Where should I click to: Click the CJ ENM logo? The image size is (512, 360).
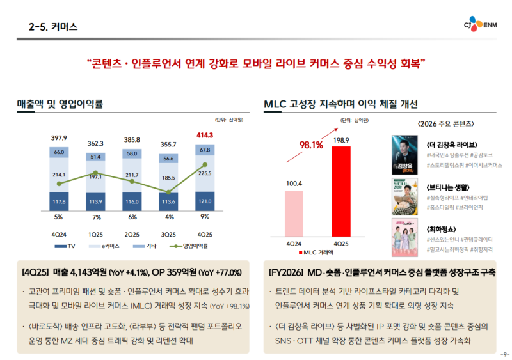click(481, 26)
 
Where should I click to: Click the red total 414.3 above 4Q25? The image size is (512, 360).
click(205, 135)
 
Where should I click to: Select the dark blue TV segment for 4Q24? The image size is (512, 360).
click(59, 201)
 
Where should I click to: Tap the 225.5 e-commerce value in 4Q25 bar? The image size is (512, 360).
click(205, 173)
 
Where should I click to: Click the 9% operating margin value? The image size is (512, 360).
click(205, 217)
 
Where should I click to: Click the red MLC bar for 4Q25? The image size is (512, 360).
click(341, 192)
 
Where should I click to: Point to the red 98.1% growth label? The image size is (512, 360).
click(311, 145)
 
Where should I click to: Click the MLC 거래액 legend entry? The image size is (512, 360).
click(323, 253)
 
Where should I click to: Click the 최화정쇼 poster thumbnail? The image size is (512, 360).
click(404, 238)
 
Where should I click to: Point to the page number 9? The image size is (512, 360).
click(504, 354)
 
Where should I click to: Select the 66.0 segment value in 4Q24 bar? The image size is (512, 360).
click(59, 152)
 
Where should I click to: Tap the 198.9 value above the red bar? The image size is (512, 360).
click(341, 140)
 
